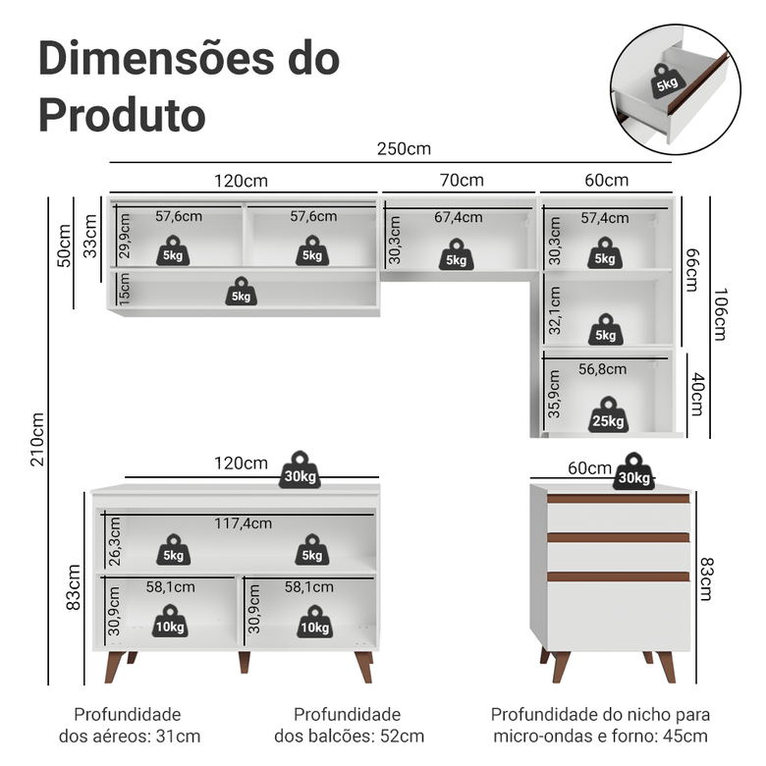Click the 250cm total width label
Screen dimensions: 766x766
404,149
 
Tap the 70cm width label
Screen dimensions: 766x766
461,180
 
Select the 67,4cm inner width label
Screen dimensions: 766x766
459,217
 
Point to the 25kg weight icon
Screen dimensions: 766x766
608,415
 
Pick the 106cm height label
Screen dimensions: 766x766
720,314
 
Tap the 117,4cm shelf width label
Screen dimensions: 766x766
243,523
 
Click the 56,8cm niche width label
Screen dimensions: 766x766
602,369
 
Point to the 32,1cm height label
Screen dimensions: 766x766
554,309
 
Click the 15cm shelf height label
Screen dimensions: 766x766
124,292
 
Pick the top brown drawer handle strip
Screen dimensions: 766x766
618,499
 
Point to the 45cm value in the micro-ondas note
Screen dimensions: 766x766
687,736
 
